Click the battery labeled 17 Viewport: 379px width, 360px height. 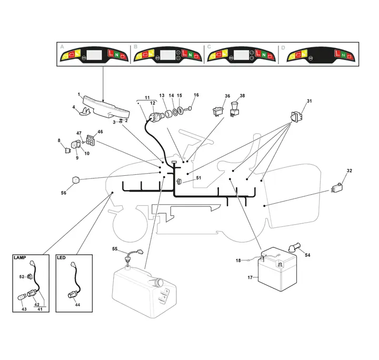(x=277, y=269)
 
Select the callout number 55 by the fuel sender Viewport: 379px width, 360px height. (x=115, y=248)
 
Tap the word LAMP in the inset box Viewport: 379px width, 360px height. (x=20, y=257)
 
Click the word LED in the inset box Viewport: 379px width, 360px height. (x=61, y=257)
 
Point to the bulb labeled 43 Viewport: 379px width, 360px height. (x=22, y=297)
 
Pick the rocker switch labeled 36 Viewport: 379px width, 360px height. (x=218, y=112)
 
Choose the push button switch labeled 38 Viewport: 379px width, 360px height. (x=234, y=109)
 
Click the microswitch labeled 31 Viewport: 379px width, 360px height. (x=297, y=116)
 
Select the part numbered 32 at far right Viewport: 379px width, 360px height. (x=337, y=188)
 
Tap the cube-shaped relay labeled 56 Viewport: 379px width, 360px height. (x=76, y=179)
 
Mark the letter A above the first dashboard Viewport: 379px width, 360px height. (x=62, y=47)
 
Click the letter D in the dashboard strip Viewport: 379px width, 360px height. (x=283, y=48)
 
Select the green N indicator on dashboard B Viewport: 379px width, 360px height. (x=190, y=55)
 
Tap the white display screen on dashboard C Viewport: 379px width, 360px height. (x=241, y=55)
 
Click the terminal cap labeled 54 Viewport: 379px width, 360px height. (x=294, y=248)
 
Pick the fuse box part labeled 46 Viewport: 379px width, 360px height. (x=91, y=140)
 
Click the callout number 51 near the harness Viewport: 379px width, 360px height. (x=198, y=178)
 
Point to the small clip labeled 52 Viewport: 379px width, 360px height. (x=29, y=276)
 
